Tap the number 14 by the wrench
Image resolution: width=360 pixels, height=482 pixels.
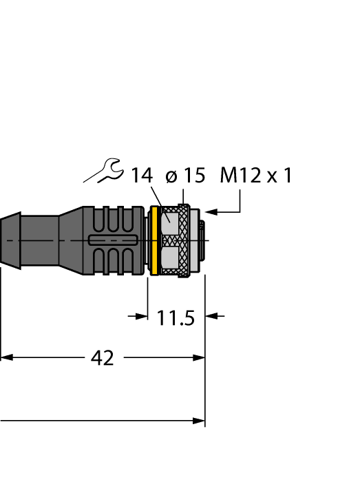(142, 176)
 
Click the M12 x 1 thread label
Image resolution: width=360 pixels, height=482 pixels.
(256, 176)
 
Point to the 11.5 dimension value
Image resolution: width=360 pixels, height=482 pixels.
(176, 318)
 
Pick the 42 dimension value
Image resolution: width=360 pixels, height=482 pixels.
(103, 358)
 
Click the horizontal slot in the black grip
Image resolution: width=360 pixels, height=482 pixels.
(114, 240)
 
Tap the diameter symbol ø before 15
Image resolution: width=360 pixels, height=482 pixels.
(171, 177)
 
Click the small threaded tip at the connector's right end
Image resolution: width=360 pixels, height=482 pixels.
(200, 240)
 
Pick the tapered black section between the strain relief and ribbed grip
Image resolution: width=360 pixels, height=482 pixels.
(69, 240)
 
